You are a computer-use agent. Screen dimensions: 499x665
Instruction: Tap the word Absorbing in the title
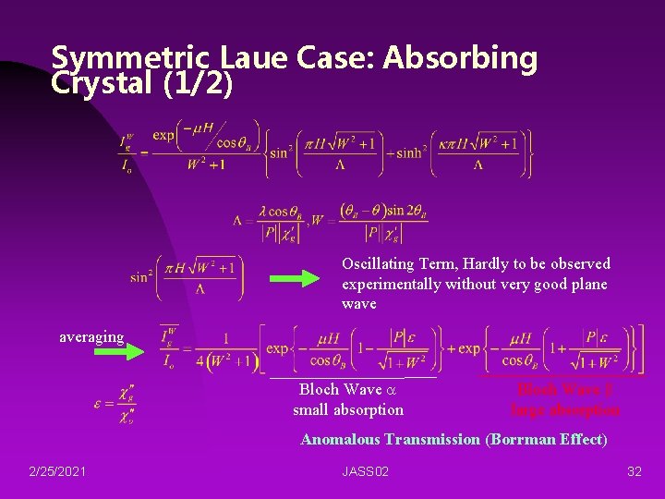click(x=461, y=58)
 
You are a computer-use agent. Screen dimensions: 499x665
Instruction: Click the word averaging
click(x=91, y=336)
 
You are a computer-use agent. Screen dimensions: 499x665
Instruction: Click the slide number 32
click(x=634, y=471)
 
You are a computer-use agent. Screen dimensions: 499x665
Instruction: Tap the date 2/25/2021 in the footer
click(x=57, y=471)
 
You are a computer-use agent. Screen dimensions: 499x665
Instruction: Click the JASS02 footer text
click(x=365, y=471)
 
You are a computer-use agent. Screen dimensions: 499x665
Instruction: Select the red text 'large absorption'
click(x=565, y=409)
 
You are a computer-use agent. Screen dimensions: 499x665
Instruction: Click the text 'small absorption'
click(x=348, y=409)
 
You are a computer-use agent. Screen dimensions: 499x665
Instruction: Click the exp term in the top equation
click(x=163, y=136)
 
